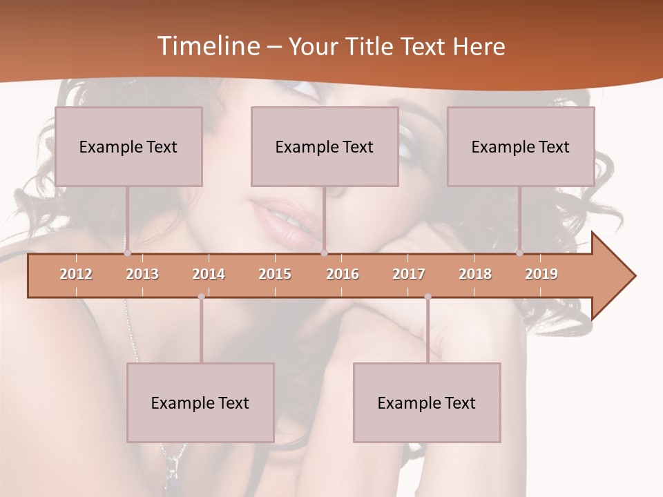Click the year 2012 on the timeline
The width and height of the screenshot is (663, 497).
click(x=76, y=274)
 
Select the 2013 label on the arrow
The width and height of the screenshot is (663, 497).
click(x=142, y=274)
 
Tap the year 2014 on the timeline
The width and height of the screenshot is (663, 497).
click(x=209, y=274)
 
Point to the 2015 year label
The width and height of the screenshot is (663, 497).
click(x=275, y=274)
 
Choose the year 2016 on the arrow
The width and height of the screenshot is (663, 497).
click(x=343, y=274)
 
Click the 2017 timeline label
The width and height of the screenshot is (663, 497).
click(x=409, y=274)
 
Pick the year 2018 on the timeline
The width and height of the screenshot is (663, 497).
click(x=475, y=274)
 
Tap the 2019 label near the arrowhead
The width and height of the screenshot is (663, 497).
click(x=541, y=274)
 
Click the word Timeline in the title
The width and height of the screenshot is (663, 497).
click(x=206, y=46)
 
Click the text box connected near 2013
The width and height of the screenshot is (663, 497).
click(x=128, y=146)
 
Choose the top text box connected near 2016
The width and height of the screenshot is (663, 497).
click(x=325, y=146)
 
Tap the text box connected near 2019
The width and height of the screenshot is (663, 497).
click(x=521, y=146)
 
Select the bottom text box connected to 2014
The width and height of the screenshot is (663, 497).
click(x=200, y=402)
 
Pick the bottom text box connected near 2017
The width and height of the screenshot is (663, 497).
click(x=427, y=402)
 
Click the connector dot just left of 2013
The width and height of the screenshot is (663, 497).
click(x=127, y=253)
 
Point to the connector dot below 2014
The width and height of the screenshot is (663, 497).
click(x=201, y=297)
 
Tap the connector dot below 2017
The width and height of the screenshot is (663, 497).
click(x=427, y=297)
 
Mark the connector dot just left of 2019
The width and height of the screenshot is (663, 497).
click(x=519, y=253)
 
